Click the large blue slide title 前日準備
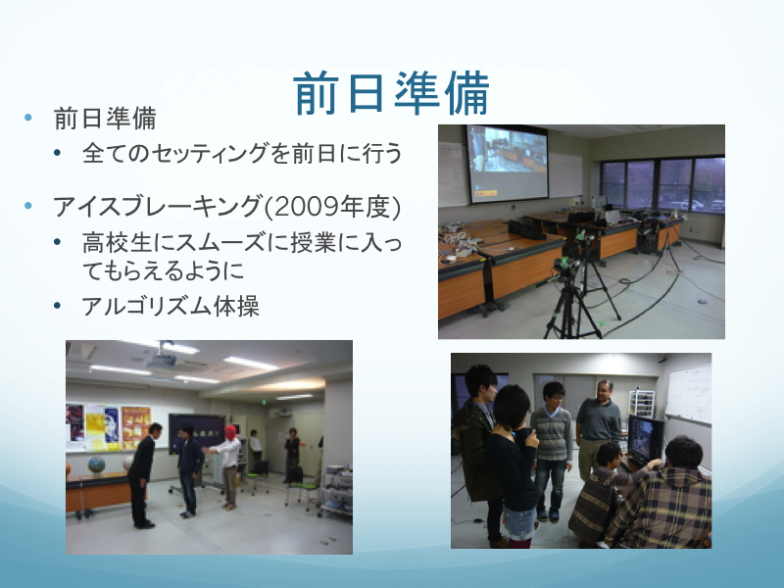(x=391, y=93)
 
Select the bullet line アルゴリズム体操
(x=171, y=306)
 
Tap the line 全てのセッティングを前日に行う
(x=242, y=153)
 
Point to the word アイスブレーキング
(x=158, y=206)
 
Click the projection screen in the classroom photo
(x=507, y=164)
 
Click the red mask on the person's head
(x=230, y=432)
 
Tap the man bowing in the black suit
(x=143, y=475)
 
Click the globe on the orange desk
(x=96, y=465)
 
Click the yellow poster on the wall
(x=103, y=427)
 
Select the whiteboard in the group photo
(x=689, y=395)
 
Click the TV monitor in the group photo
(x=646, y=439)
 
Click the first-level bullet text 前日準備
(x=105, y=119)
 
